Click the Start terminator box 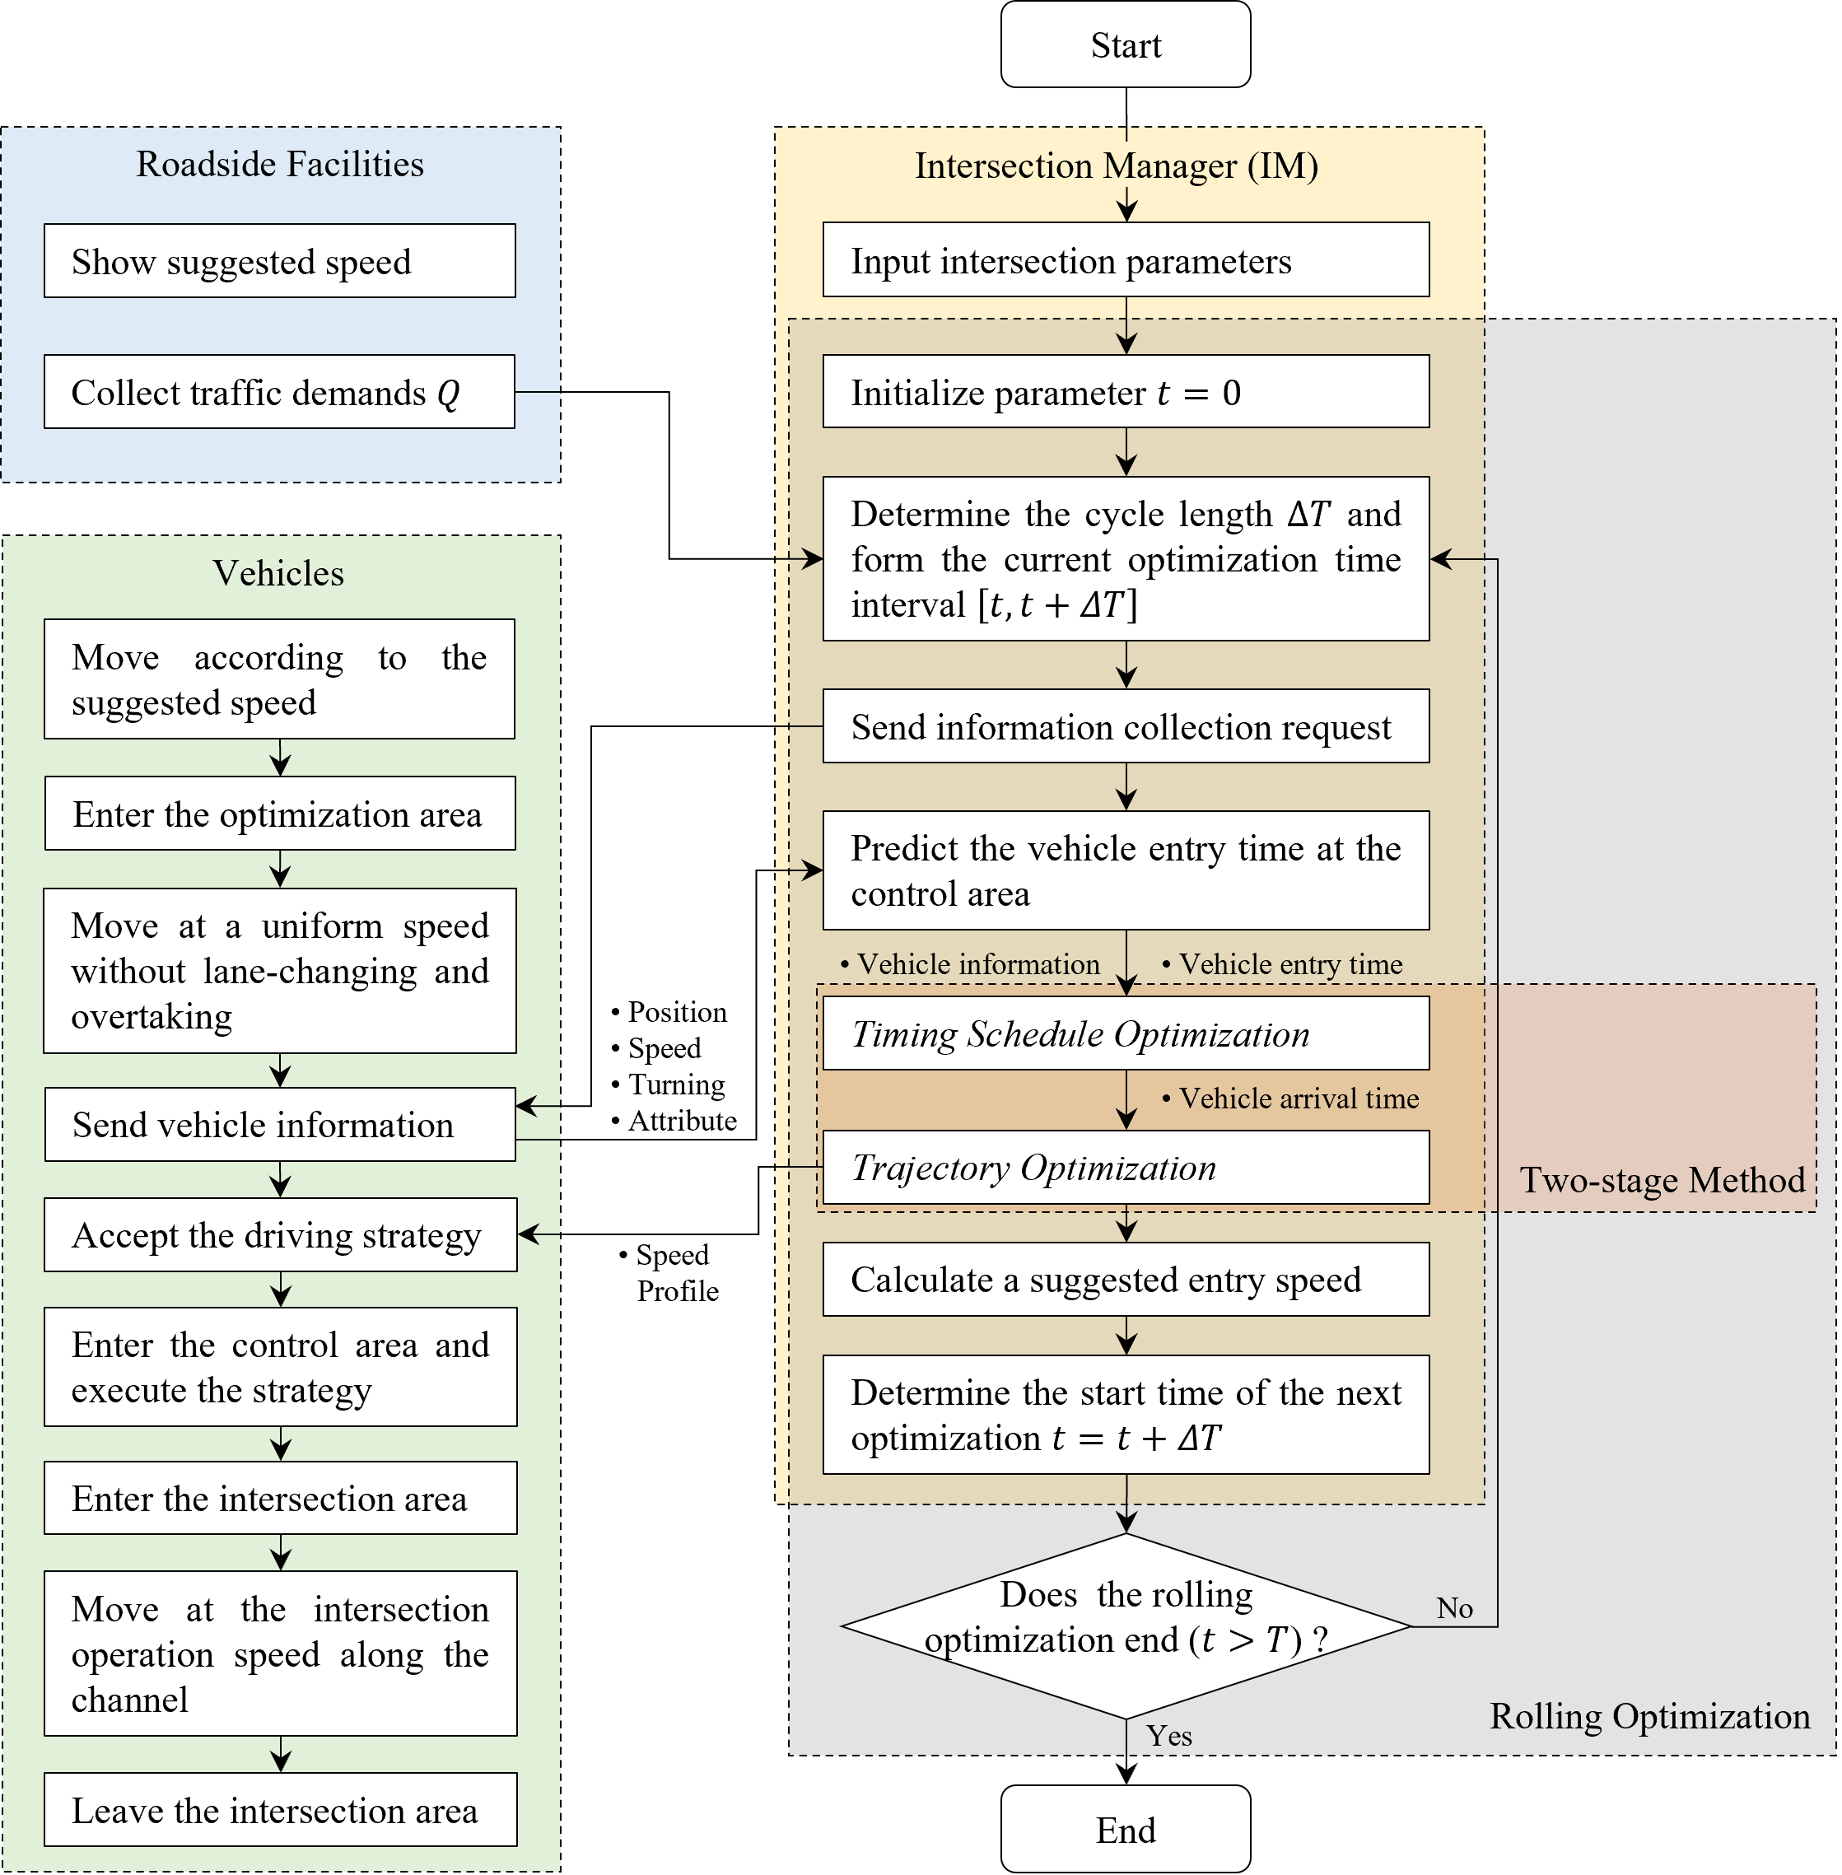coord(1125,44)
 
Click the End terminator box coord(1125,1830)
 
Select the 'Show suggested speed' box coord(280,261)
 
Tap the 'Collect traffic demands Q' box coord(280,392)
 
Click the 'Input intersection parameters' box coord(1125,260)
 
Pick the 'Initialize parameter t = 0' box coord(1125,392)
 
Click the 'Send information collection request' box coord(1125,725)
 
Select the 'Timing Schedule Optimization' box coord(1125,1033)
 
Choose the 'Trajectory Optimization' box coord(1125,1168)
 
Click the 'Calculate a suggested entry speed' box coord(1125,1279)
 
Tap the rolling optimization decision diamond coord(1125,1625)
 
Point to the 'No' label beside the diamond coord(1454,1608)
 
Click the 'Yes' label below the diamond coord(1168,1736)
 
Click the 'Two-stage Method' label coord(1661,1180)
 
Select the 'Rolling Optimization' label coord(1649,1716)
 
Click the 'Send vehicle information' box coord(280,1124)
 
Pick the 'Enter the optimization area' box coord(280,814)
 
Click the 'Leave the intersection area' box coord(280,1809)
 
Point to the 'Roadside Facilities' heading coord(280,165)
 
